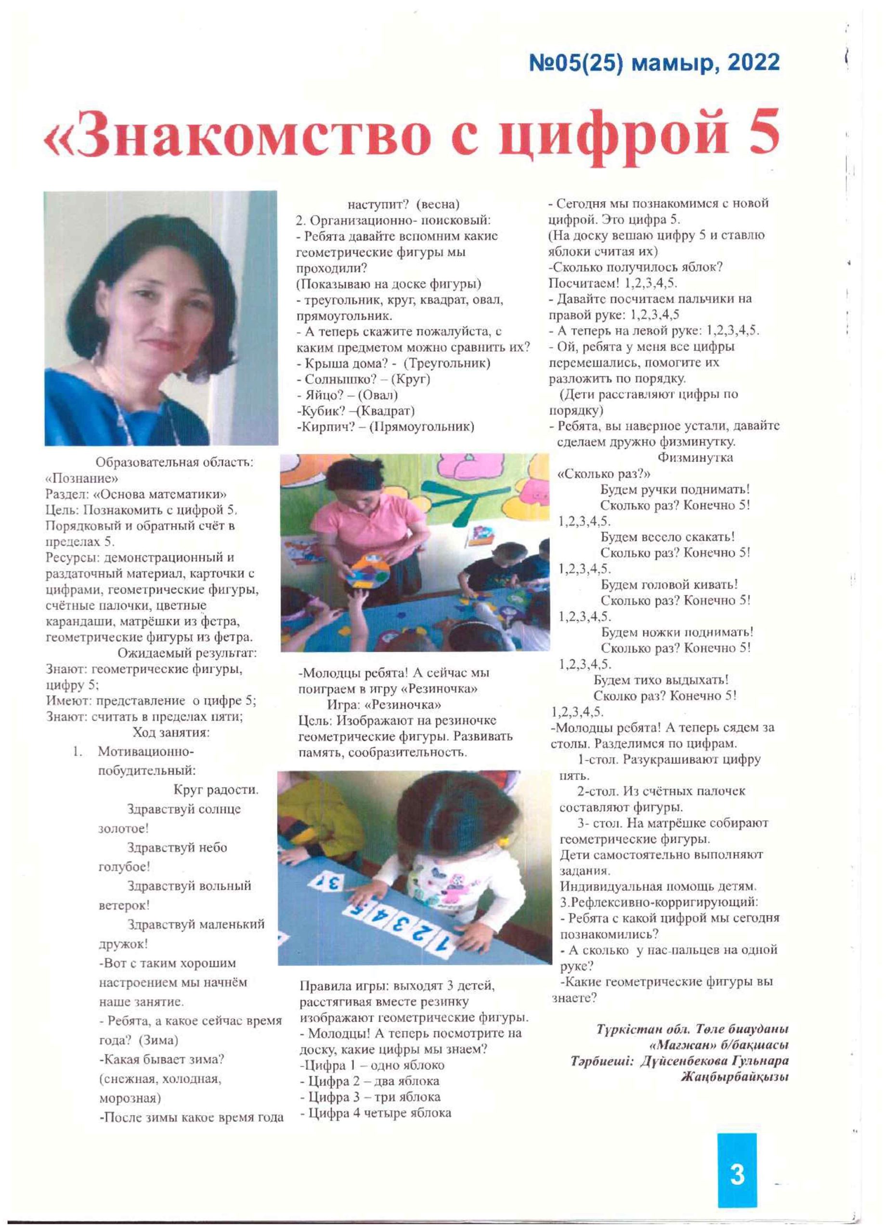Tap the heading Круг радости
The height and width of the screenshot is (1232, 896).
(x=216, y=789)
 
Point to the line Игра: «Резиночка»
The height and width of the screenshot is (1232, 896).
(x=384, y=705)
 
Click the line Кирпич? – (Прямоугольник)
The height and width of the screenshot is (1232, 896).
(x=385, y=427)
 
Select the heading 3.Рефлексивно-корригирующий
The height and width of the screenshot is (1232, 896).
(x=659, y=902)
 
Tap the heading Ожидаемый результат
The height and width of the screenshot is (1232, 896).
(x=187, y=653)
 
